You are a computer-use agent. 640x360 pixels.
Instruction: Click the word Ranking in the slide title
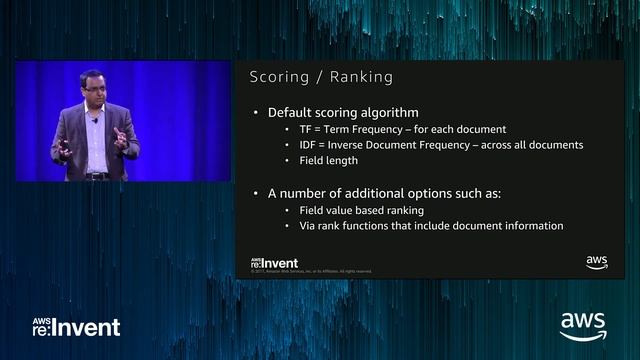359,77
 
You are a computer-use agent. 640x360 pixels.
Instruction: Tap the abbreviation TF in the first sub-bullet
306,129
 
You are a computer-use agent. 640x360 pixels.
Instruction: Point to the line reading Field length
328,160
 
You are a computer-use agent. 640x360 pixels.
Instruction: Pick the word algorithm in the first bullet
389,112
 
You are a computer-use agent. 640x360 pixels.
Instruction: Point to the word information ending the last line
531,226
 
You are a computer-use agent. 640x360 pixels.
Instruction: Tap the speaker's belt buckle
98,176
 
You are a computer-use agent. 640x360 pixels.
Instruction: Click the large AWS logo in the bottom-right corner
583,326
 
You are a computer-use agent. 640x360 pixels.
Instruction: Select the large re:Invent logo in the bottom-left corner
76,327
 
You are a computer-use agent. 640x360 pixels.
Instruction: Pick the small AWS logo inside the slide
597,263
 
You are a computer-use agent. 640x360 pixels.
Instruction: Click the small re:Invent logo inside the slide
274,263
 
